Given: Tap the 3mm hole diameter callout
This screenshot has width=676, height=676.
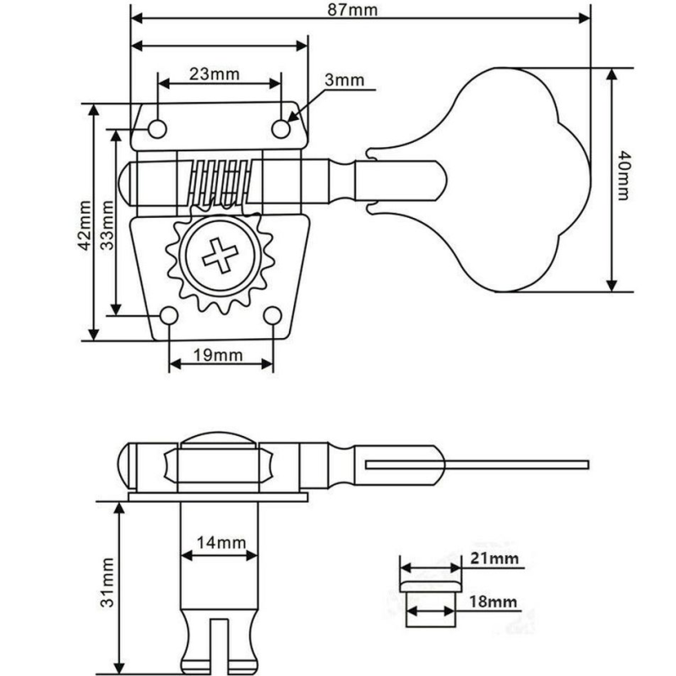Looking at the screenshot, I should coord(343,81).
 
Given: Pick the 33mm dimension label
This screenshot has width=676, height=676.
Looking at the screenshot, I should coord(106,223).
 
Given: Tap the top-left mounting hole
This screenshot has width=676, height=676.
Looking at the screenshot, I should coord(157,128).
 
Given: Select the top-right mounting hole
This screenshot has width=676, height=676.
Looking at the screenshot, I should coord(281,127).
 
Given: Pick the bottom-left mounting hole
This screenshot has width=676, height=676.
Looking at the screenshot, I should coord(170,316).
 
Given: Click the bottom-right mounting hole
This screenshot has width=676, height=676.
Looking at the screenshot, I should coord(272,315).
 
